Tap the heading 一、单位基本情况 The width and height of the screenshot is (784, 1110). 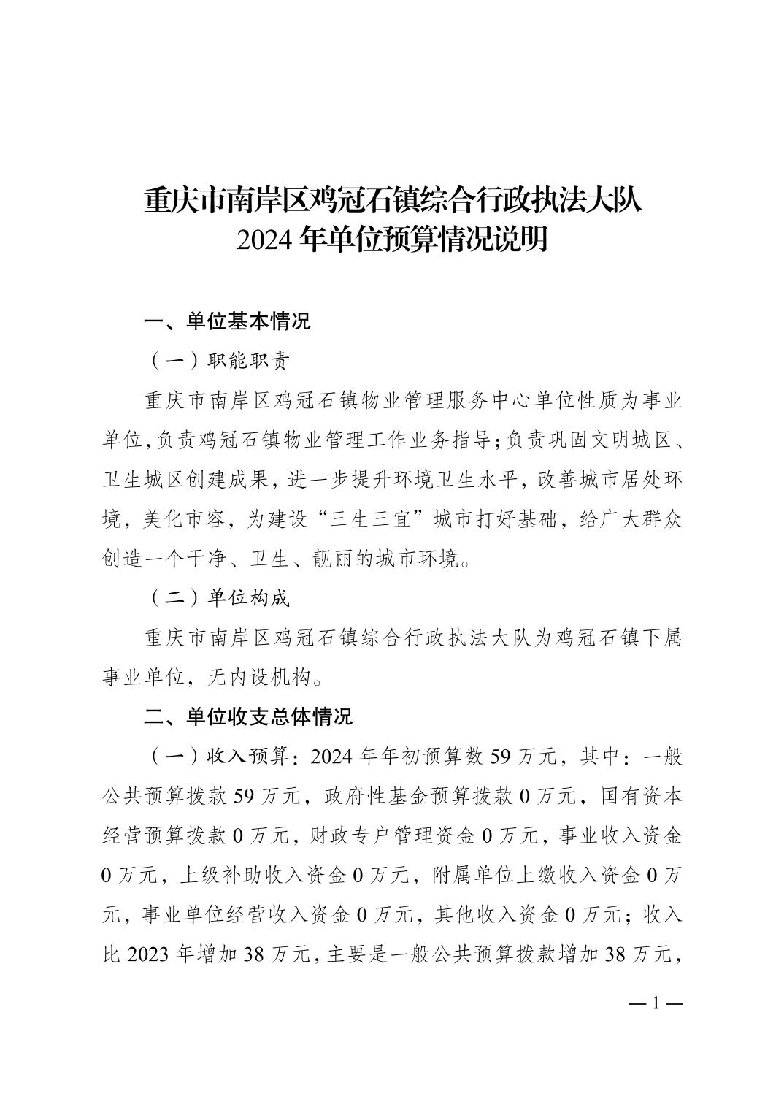(227, 321)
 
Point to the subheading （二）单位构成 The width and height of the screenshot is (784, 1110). (220, 598)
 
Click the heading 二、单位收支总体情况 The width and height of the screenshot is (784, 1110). (247, 716)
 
